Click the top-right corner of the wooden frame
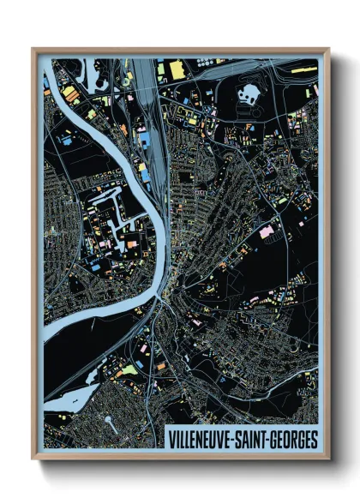pos(327,50)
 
